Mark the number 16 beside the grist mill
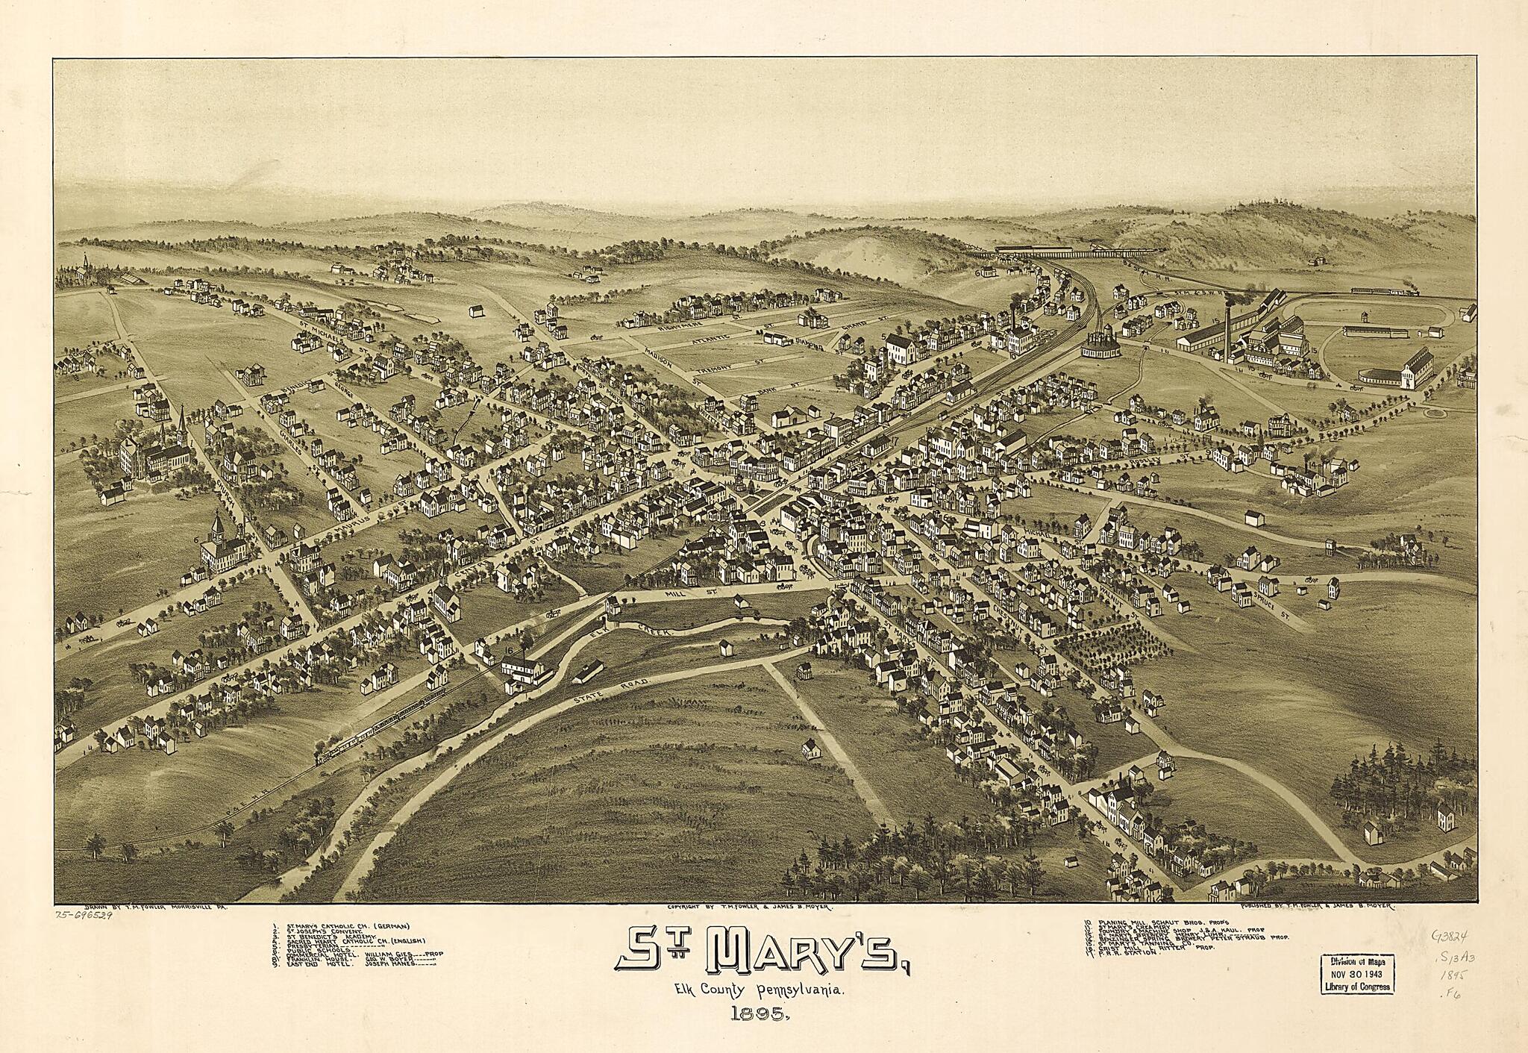[x=509, y=651]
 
